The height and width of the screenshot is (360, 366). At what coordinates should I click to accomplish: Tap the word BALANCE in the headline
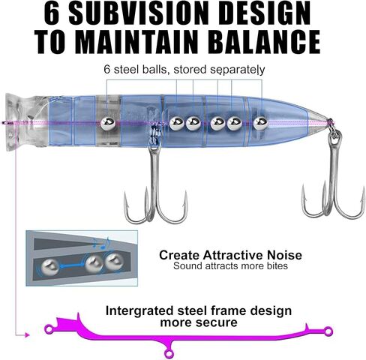[265, 42]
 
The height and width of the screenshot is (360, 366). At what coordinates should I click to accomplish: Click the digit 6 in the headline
[52, 13]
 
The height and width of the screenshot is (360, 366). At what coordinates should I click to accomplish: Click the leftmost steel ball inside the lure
[108, 124]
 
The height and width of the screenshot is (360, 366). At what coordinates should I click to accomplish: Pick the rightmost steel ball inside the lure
[260, 124]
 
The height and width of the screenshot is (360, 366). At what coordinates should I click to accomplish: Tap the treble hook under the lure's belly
[155, 185]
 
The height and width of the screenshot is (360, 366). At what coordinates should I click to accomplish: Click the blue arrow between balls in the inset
[73, 265]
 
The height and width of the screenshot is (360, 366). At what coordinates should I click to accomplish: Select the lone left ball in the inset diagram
[49, 267]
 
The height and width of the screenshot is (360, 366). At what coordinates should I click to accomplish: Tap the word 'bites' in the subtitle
[277, 265]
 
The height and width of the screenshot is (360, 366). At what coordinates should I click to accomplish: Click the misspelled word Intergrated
[139, 311]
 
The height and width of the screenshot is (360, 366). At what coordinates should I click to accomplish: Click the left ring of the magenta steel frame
[49, 328]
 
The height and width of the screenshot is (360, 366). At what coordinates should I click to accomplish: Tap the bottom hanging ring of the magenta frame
[169, 354]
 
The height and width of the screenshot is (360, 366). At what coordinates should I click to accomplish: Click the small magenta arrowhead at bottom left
[27, 334]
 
